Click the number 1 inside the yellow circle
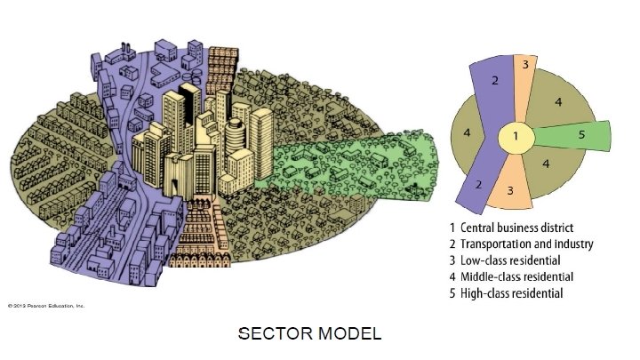pyautogui.click(x=520, y=138)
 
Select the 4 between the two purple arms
pyautogui.click(x=468, y=133)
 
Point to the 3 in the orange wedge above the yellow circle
pyautogui.click(x=525, y=65)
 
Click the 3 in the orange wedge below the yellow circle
pyautogui.click(x=509, y=189)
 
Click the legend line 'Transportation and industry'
pyautogui.click(x=521, y=244)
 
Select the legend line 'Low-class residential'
pyautogui.click(x=504, y=260)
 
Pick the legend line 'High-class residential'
pyautogui.click(x=506, y=293)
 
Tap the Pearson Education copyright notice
pyautogui.click(x=45, y=306)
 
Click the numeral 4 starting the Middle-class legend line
pyautogui.click(x=452, y=276)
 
